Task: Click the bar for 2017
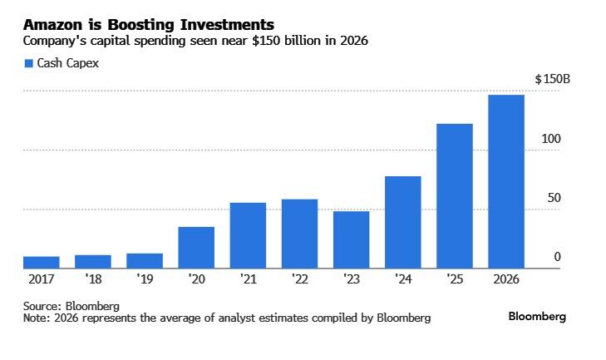point(41,263)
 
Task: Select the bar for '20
point(196,248)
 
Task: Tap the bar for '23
point(351,240)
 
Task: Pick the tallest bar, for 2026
point(505,182)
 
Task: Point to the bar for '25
point(454,196)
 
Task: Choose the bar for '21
point(248,236)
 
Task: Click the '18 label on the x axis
point(92,280)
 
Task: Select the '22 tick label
point(299,280)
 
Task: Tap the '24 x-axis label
point(402,280)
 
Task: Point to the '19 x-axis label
point(145,280)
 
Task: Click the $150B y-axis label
point(553,79)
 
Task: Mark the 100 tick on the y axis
point(551,138)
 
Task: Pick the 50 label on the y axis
point(552,198)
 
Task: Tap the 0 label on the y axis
point(558,258)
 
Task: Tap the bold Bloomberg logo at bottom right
point(537,317)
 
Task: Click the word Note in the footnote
point(36,318)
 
